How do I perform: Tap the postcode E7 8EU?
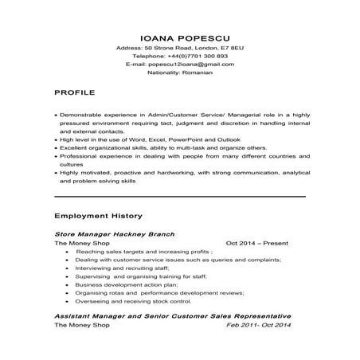[231, 48]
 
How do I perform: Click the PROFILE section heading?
[75, 93]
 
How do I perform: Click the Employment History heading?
[98, 215]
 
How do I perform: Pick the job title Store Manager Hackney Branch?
[114, 235]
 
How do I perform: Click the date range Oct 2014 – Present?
[256, 243]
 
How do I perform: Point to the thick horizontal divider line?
[179, 196]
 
